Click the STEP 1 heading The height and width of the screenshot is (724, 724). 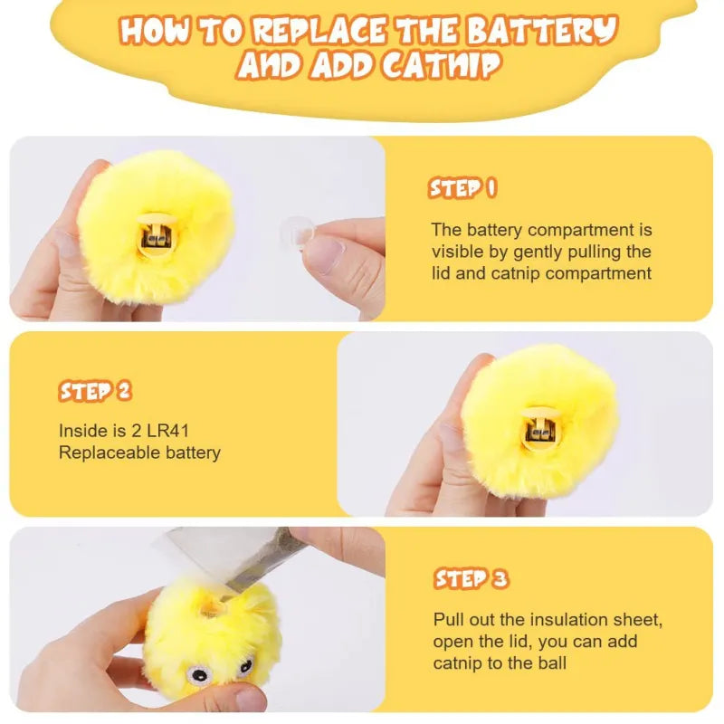pyautogui.click(x=462, y=188)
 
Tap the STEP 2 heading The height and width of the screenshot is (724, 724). pyautogui.click(x=95, y=391)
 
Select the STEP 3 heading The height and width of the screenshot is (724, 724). pyautogui.click(x=471, y=579)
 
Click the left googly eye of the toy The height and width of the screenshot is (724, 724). pyautogui.click(x=198, y=672)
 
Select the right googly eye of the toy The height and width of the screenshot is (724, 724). pyautogui.click(x=244, y=667)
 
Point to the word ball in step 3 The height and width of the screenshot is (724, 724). pyautogui.click(x=550, y=663)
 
